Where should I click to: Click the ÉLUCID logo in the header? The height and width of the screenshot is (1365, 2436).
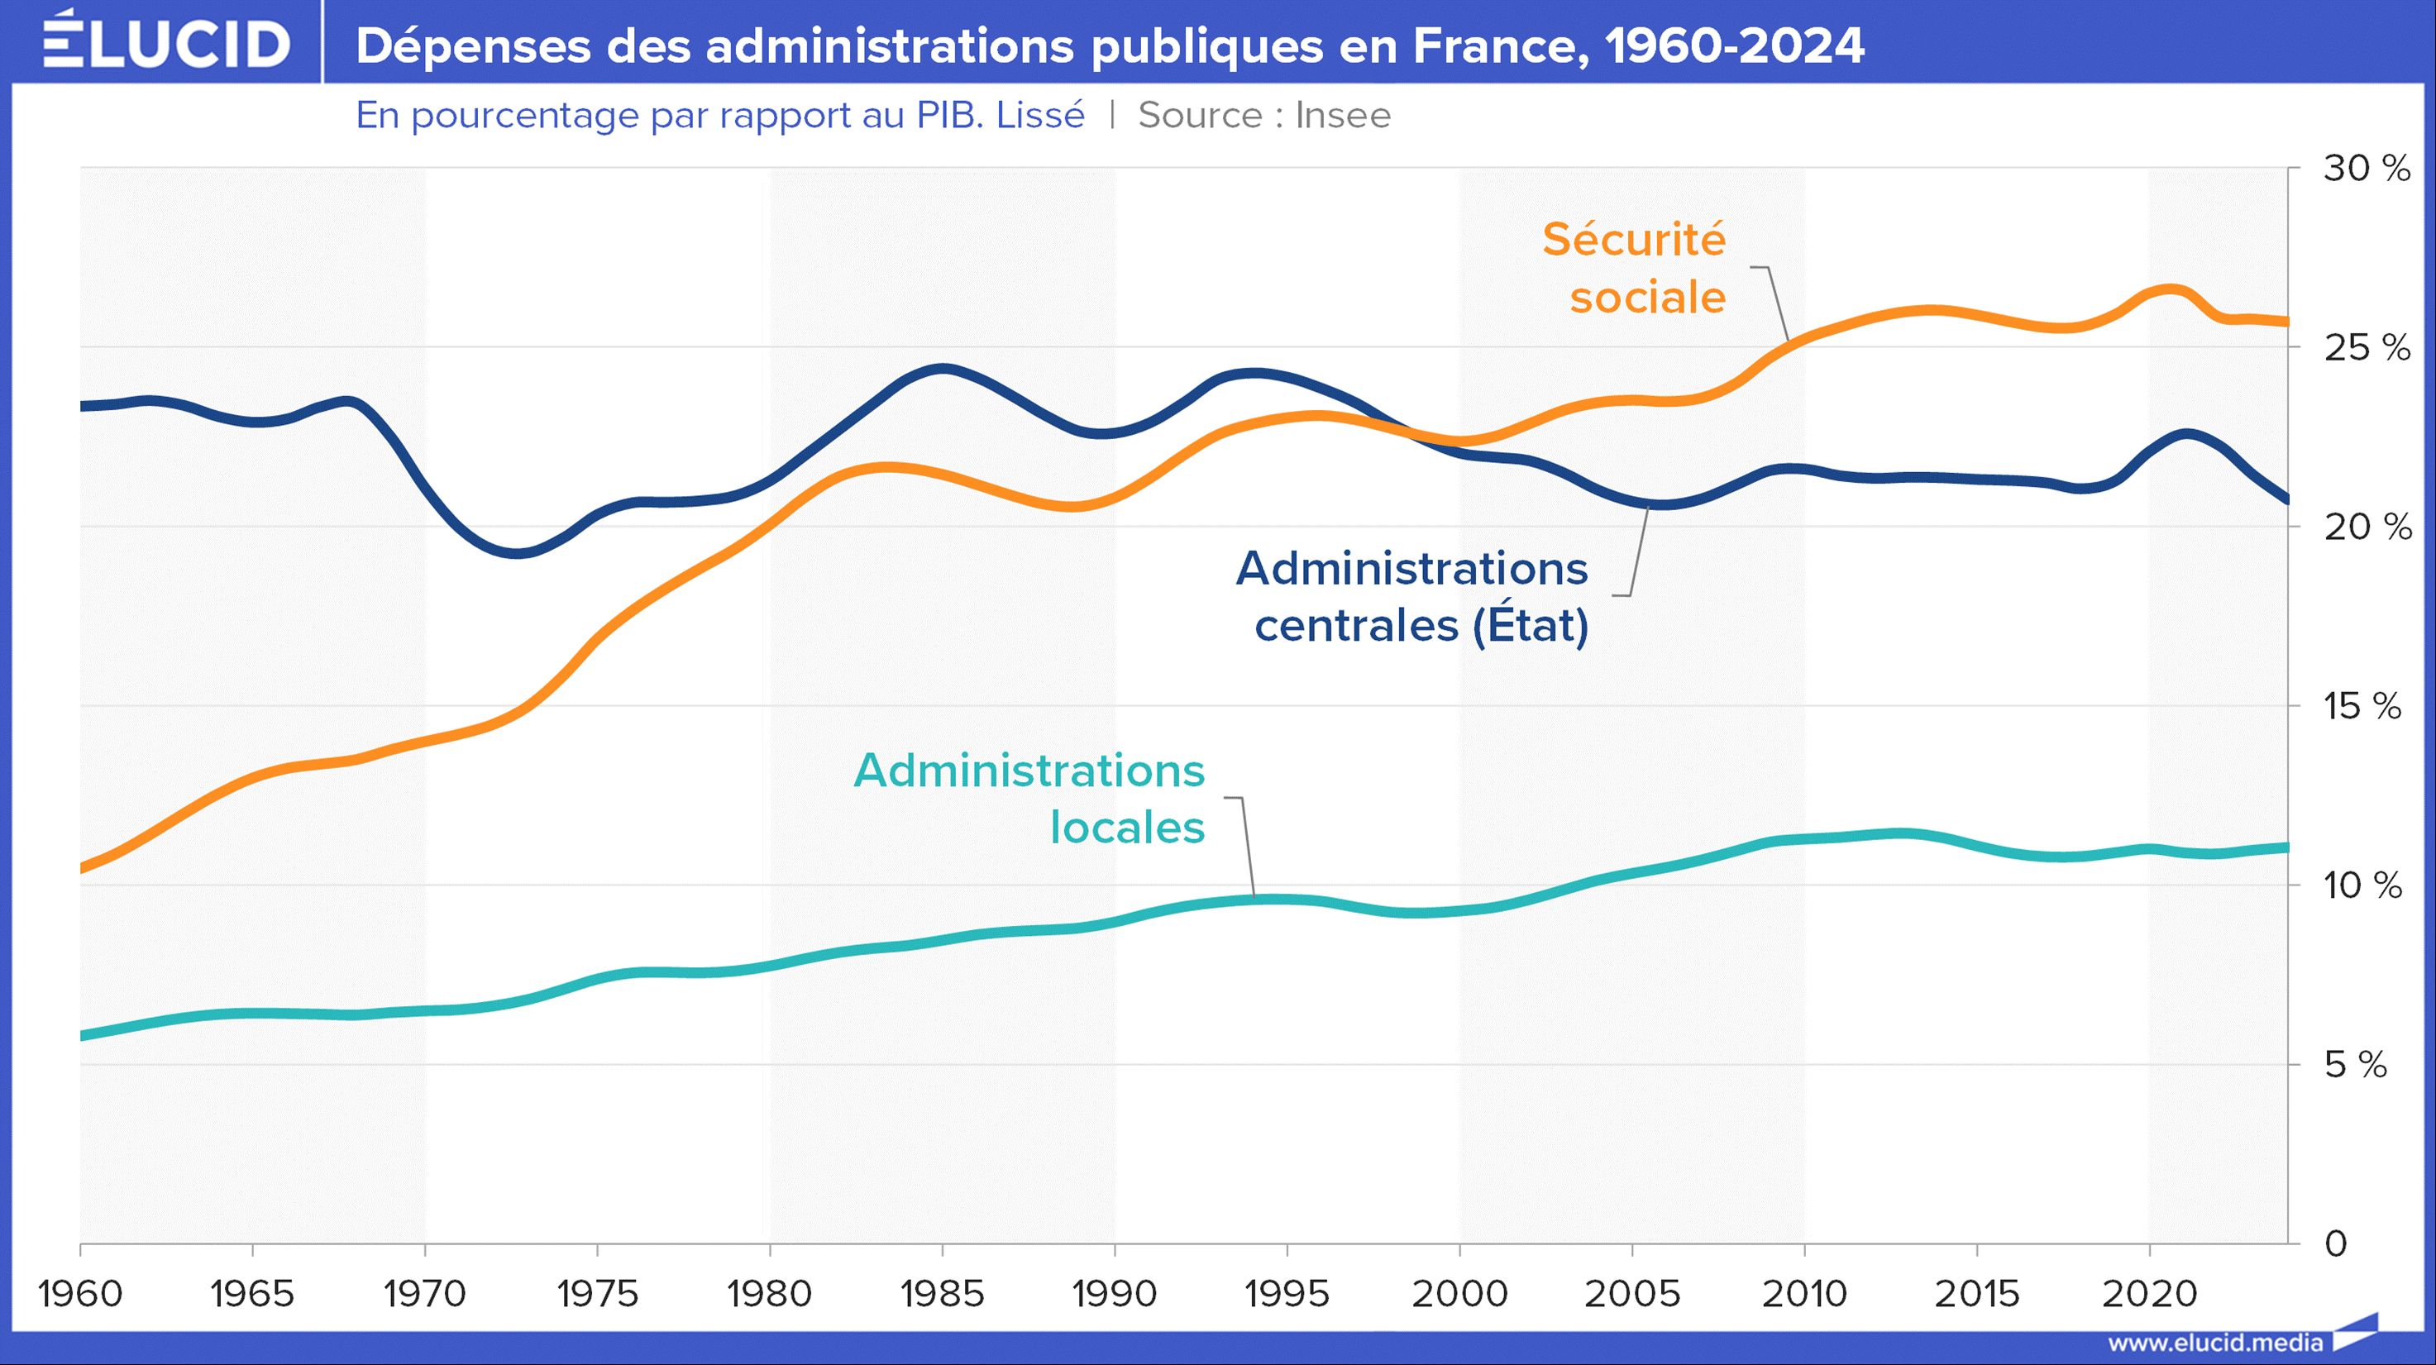coord(166,41)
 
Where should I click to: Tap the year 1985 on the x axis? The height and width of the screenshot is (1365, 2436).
coord(942,1293)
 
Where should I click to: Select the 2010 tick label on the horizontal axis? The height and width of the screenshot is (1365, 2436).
coord(1804,1293)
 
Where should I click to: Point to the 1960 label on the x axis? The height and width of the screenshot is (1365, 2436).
coord(80,1293)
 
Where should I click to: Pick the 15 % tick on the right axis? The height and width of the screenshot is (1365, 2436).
coord(2362,706)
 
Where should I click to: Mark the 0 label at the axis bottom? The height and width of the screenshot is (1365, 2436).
coord(2336,1244)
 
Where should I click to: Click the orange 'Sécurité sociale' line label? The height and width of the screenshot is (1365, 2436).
coord(1634,269)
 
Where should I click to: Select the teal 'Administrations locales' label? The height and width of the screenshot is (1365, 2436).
coord(1029,799)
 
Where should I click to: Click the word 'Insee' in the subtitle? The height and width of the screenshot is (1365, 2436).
coord(1343,115)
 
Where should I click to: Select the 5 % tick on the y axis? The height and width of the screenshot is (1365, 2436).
coord(2356,1066)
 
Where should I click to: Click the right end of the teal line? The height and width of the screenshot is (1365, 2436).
coord(2286,847)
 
